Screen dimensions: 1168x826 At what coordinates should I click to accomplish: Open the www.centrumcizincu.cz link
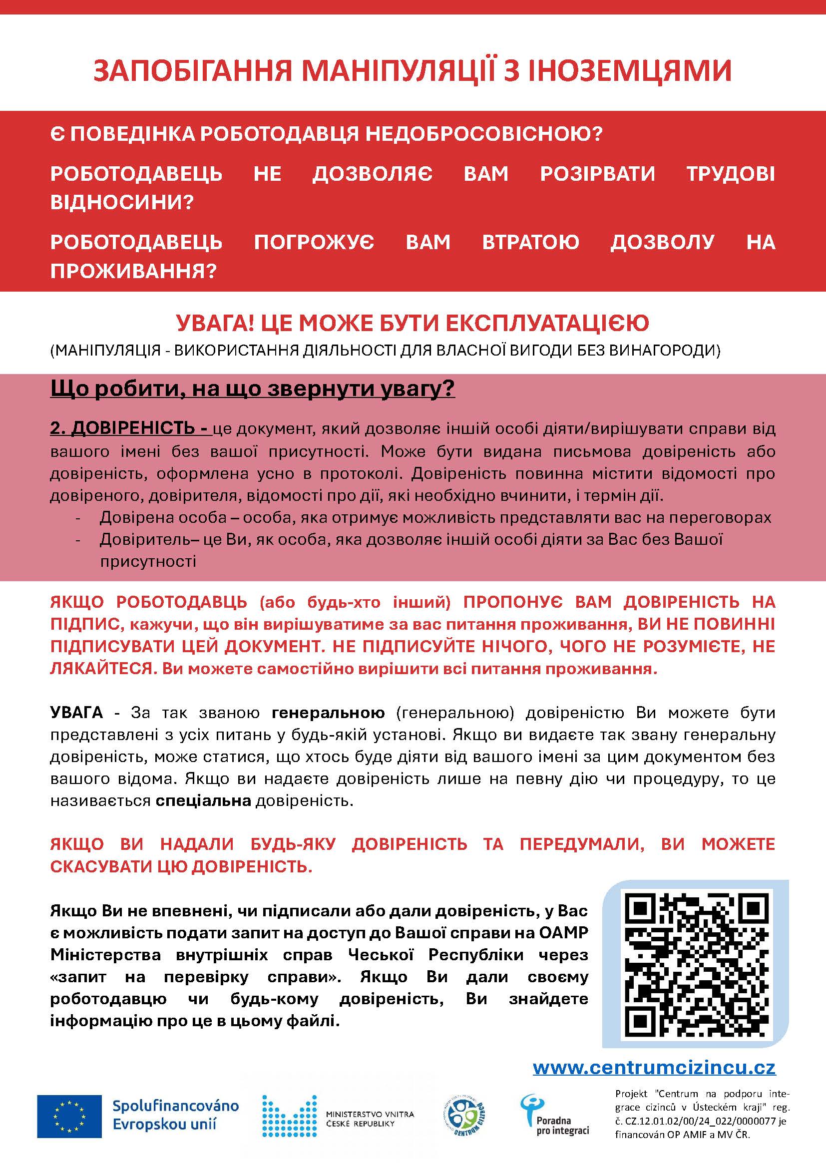654,1067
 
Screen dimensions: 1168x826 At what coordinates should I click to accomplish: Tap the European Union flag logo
70,1116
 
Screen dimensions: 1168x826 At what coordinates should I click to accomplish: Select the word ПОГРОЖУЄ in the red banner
314,242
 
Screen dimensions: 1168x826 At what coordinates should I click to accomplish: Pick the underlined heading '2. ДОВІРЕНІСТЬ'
130,428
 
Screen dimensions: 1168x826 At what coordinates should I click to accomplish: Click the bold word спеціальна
203,800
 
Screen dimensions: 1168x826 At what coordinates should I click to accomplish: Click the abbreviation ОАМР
563,932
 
